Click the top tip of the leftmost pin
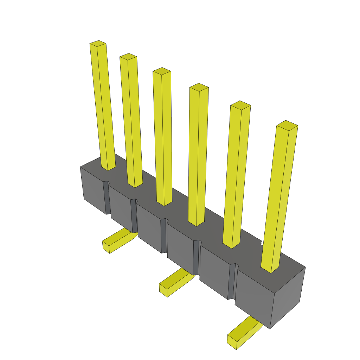[x=98, y=44]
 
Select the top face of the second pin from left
[x=128, y=56]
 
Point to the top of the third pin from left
[x=162, y=71]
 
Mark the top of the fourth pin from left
[x=199, y=87]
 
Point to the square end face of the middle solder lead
[x=163, y=291]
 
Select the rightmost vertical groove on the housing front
[x=231, y=281]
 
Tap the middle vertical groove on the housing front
[x=163, y=236]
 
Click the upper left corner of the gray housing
[x=81, y=167]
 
